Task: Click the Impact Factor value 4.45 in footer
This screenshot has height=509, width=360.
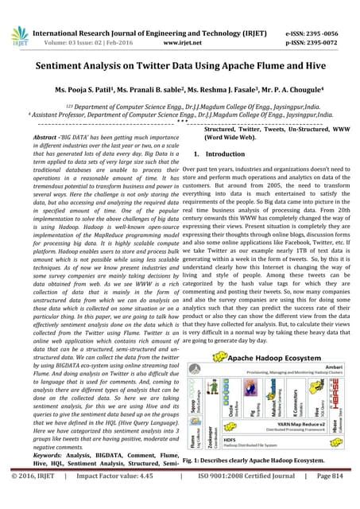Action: point(131,499)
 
